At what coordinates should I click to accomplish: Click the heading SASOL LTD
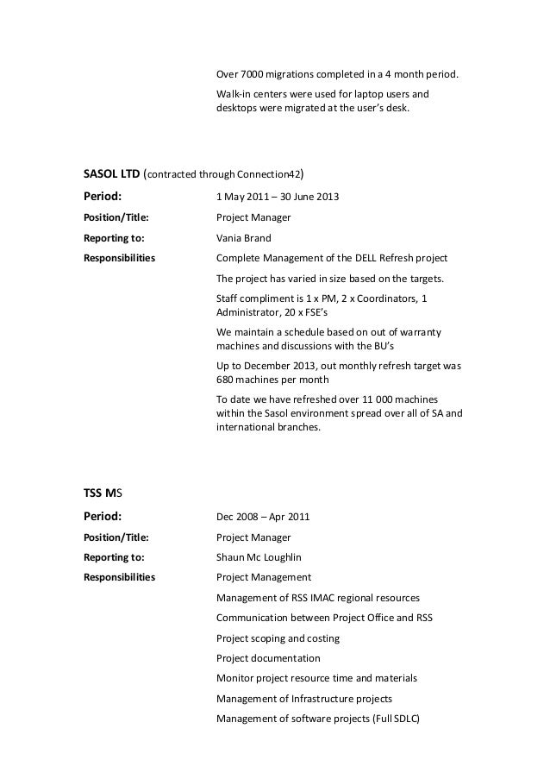click(x=110, y=173)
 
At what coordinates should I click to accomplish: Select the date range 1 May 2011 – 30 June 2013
click(x=277, y=198)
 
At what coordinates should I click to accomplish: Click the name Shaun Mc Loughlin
click(x=259, y=557)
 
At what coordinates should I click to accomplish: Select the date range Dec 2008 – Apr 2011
click(x=263, y=518)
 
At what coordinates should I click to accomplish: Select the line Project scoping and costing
click(x=278, y=639)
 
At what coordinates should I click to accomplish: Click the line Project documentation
click(x=268, y=659)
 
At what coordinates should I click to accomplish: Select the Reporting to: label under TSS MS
click(x=113, y=557)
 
